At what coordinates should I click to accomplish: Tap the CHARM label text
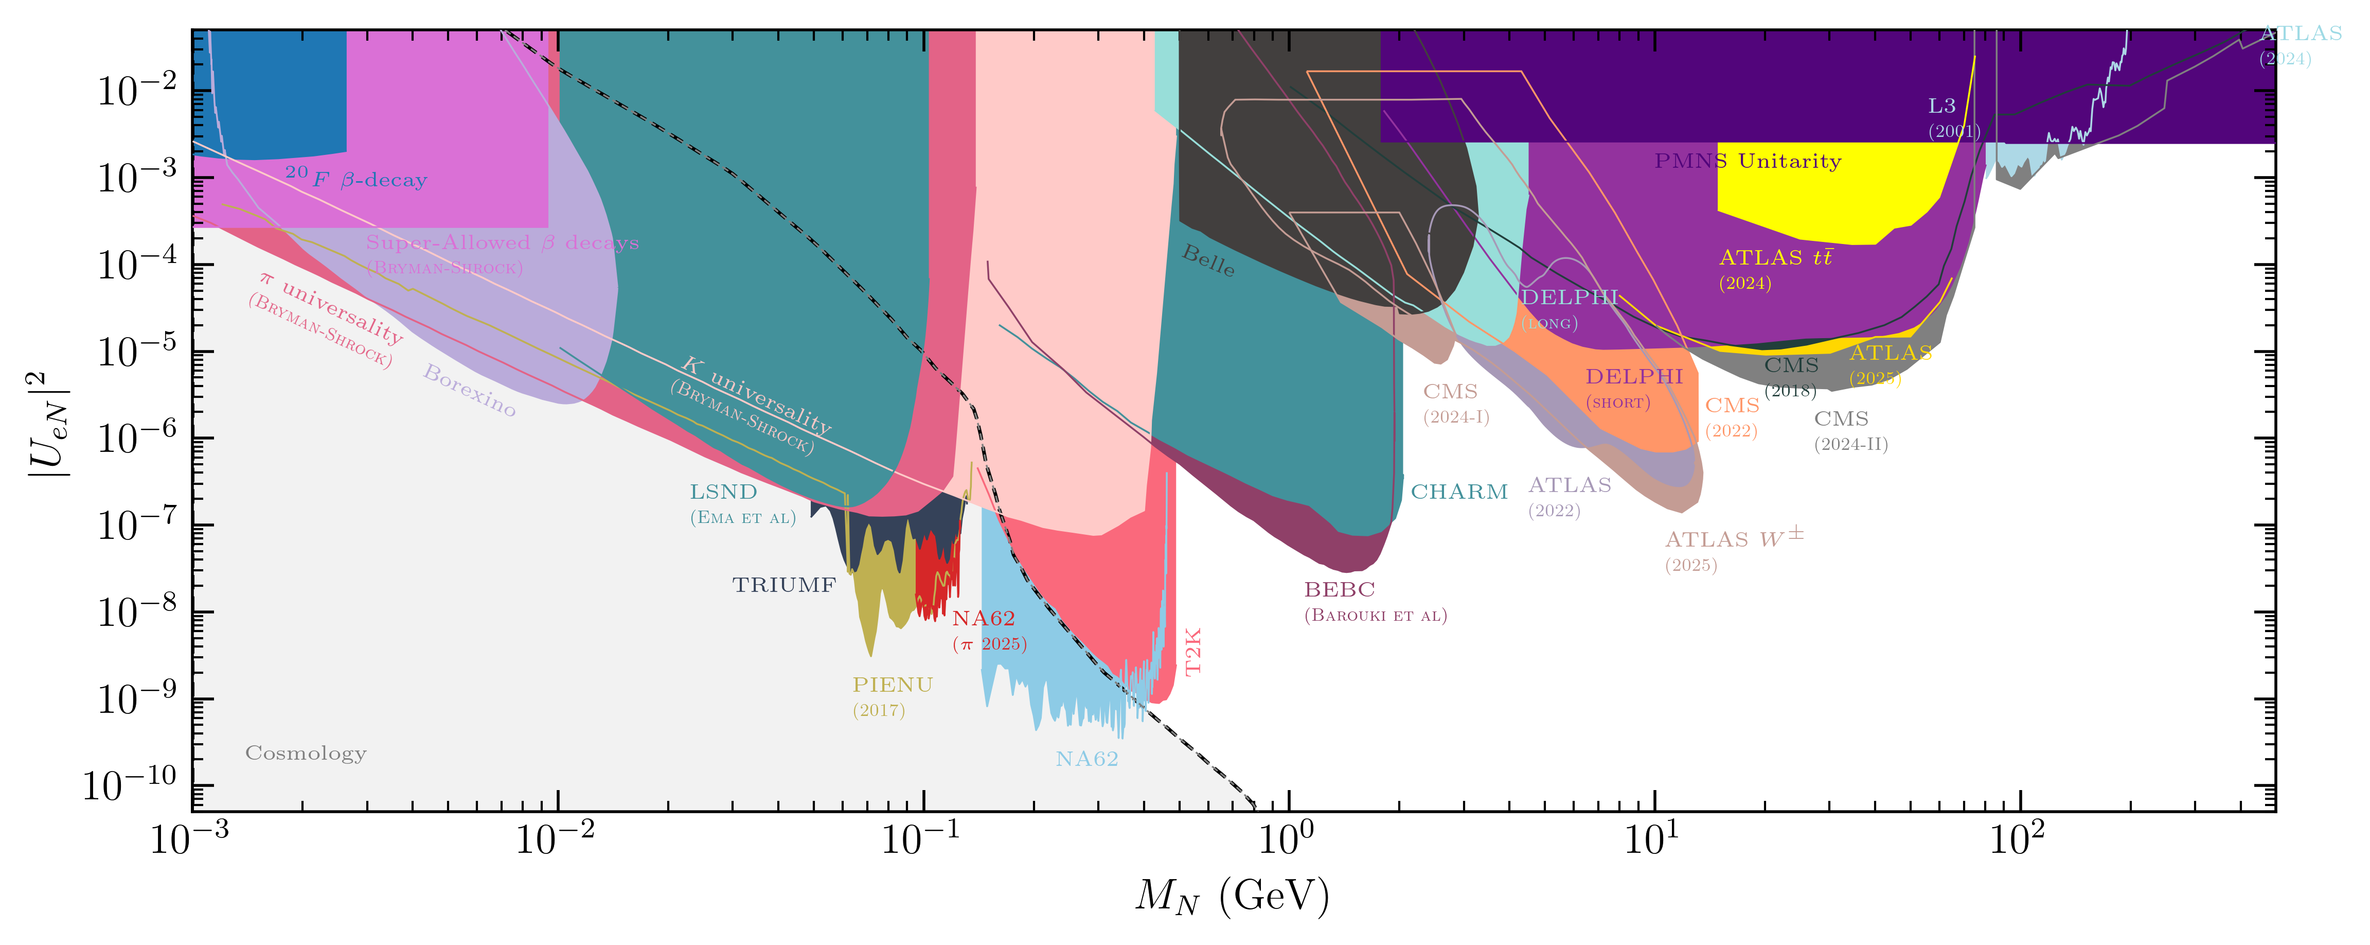pos(1459,492)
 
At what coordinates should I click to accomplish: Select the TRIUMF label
pos(784,585)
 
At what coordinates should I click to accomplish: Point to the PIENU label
pos(892,686)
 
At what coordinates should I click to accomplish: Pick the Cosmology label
pos(306,754)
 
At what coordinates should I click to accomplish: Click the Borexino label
pos(469,390)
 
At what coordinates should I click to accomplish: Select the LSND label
pos(723,492)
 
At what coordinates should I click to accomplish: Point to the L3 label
pos(1941,107)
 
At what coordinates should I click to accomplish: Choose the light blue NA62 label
pos(1086,759)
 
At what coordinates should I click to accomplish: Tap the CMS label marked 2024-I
pos(1450,392)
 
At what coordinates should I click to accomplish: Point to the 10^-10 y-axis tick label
pos(129,785)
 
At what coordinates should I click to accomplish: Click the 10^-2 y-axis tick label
pos(136,90)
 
